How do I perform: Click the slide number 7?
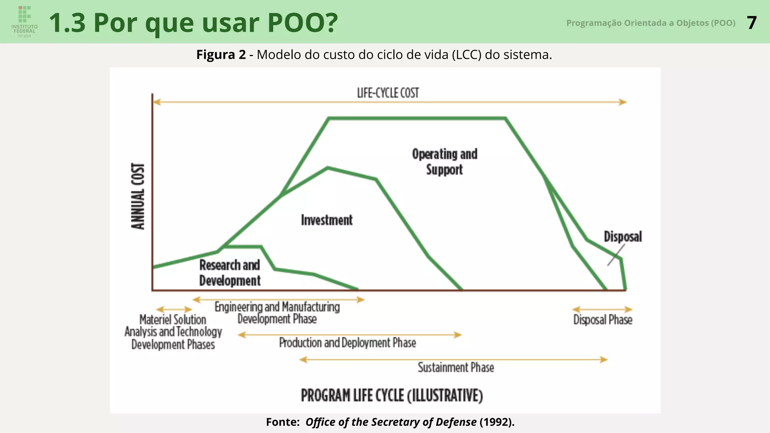tap(751, 23)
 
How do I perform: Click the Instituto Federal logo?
tap(24, 21)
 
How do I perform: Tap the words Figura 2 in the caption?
tap(221, 55)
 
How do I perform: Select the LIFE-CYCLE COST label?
tap(388, 93)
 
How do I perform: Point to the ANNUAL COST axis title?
tap(138, 196)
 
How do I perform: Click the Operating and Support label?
tap(444, 162)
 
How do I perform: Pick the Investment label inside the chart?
tap(326, 220)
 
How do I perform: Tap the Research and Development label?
tap(229, 273)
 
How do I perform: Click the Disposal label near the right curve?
tap(623, 237)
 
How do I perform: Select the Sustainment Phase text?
tap(456, 367)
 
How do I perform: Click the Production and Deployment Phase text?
tap(347, 343)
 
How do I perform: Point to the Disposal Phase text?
tap(603, 320)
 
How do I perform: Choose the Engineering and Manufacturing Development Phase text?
tap(277, 313)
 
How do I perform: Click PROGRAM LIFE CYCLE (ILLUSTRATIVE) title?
tap(392, 396)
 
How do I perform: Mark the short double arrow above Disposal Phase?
tap(602, 309)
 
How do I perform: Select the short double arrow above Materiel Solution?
tap(174, 310)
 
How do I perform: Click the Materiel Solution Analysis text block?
tap(173, 332)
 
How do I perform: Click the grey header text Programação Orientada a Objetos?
tap(650, 23)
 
